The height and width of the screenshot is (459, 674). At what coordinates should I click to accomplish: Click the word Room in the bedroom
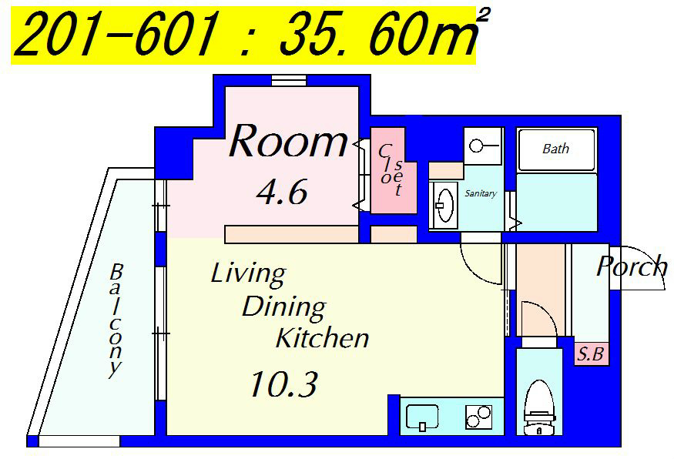[288, 141]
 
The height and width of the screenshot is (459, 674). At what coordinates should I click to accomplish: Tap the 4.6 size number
[282, 192]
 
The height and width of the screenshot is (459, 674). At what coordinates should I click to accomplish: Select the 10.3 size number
[283, 384]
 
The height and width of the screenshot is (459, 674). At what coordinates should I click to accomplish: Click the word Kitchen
[323, 338]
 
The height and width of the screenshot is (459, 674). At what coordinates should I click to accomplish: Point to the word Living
[249, 275]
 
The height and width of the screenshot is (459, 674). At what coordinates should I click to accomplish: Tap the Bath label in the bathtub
[556, 149]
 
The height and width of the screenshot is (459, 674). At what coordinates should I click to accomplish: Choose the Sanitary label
[481, 193]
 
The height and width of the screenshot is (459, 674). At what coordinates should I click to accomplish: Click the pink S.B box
[592, 354]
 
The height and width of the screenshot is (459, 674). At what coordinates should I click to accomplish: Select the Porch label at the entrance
[632, 266]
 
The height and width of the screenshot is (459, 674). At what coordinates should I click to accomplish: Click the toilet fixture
[539, 407]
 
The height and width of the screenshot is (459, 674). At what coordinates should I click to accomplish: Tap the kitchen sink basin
[422, 417]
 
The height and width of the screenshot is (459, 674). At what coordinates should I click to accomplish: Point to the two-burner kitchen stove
[478, 417]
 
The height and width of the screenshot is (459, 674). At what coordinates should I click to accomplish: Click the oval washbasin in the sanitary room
[444, 205]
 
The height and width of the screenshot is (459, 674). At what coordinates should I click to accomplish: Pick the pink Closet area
[394, 171]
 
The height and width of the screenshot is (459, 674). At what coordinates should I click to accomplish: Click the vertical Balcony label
[116, 320]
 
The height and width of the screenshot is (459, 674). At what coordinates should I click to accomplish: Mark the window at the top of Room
[289, 80]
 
